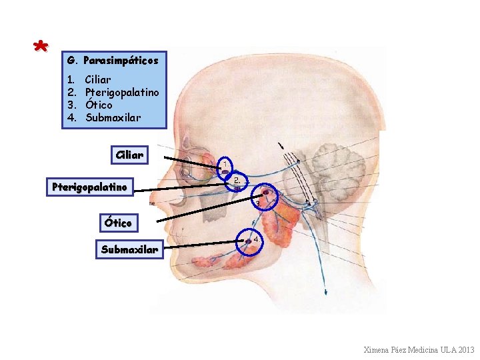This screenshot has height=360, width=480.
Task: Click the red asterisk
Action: tap(41, 46)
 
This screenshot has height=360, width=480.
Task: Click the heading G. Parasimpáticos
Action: tap(113, 61)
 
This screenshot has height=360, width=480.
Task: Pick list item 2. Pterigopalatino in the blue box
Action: tap(113, 93)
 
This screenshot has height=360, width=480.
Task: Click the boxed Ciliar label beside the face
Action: tap(129, 155)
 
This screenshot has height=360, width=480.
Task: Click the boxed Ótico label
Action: tap(117, 221)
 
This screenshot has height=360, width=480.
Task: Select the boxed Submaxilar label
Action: tap(129, 250)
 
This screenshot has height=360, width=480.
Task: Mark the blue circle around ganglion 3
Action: tap(266, 196)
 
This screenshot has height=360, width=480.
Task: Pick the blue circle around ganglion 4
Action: tap(251, 242)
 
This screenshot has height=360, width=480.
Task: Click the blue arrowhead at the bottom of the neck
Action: tap(326, 291)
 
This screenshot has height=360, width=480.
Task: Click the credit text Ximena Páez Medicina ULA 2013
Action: tap(419, 350)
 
